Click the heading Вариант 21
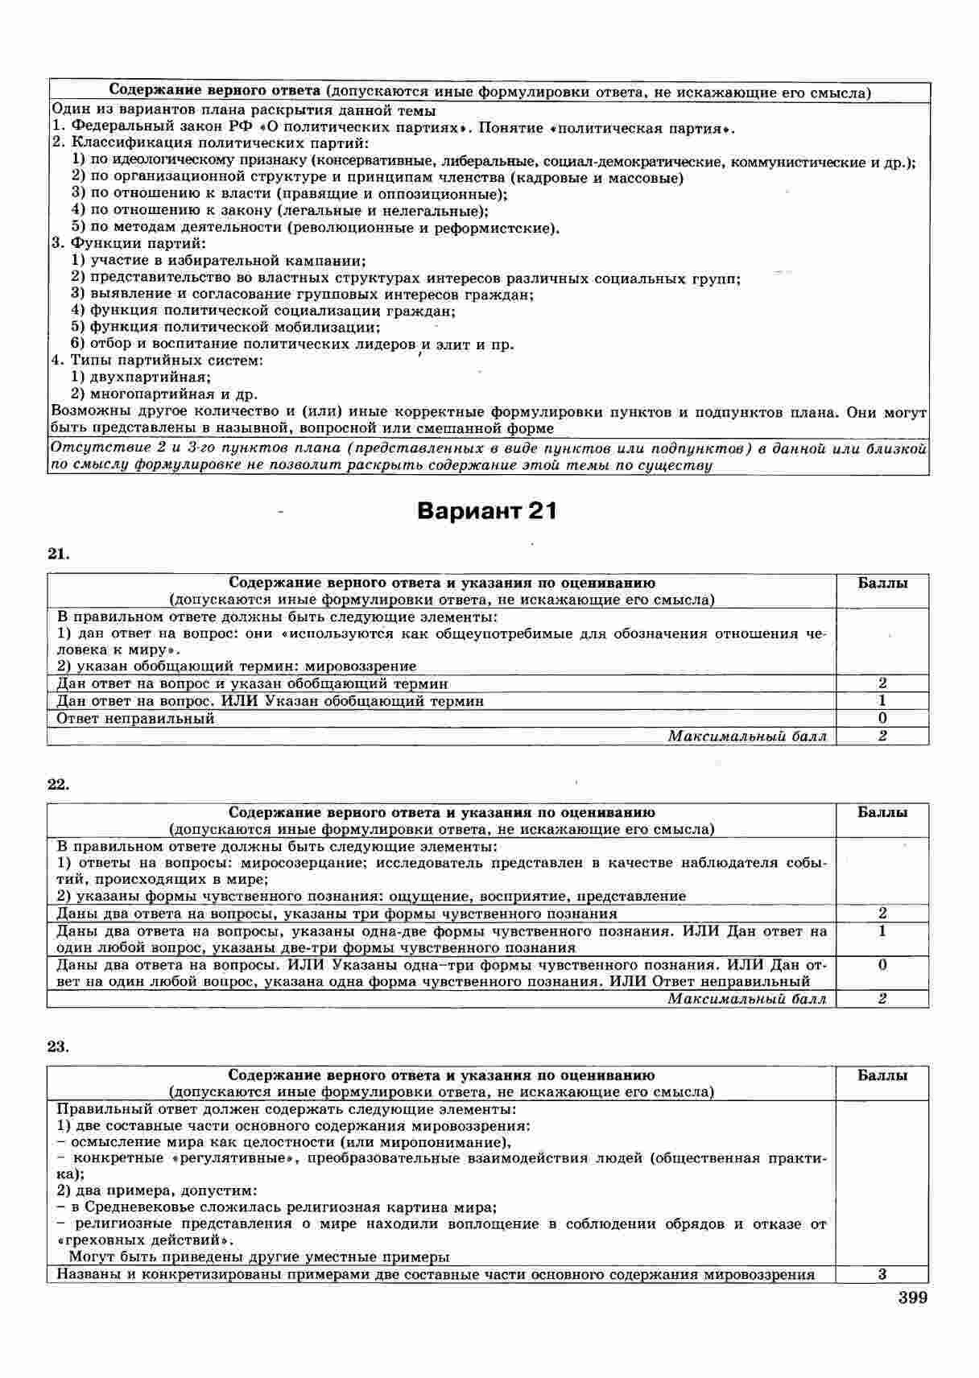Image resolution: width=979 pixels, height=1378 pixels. [487, 512]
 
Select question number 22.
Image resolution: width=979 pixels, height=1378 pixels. [58, 785]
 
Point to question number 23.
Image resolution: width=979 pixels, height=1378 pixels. [58, 1047]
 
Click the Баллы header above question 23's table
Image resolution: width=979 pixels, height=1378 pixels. [882, 1075]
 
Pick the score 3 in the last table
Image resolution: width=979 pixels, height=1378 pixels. [882, 1274]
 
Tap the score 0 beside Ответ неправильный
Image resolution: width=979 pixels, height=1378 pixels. [882, 719]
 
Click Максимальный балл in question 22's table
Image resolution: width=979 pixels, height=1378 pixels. [747, 999]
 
